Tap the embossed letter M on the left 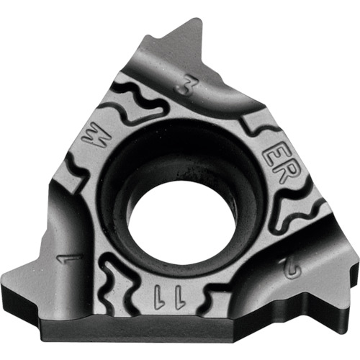[96, 139]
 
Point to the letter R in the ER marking [287, 172]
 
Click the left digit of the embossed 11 [159, 297]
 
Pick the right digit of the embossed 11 [180, 297]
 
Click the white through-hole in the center [181, 225]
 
